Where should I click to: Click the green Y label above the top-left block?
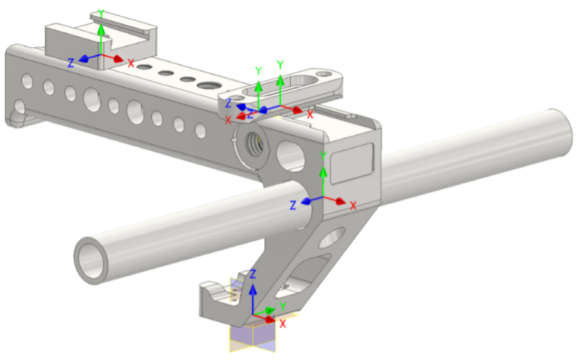click(100, 14)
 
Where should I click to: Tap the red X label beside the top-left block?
click(131, 63)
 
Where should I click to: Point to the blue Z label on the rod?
click(294, 205)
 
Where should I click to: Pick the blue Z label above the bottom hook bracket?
click(255, 273)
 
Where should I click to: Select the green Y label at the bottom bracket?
click(282, 306)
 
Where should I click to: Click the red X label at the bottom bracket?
click(283, 323)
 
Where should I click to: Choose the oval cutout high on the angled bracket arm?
click(330, 240)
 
